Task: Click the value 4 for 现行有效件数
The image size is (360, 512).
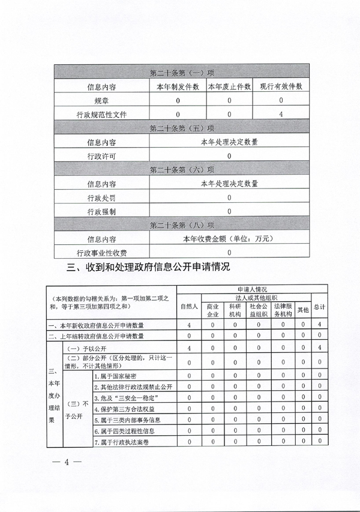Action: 281,114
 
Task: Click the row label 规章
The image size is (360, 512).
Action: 102,100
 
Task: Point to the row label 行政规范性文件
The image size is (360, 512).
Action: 102,114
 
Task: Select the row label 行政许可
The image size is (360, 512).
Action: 102,156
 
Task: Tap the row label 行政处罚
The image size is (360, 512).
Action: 102,197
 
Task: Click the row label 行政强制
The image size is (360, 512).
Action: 102,211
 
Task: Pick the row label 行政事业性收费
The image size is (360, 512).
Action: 102,252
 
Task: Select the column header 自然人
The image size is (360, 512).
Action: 189,306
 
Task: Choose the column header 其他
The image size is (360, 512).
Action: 303,310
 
